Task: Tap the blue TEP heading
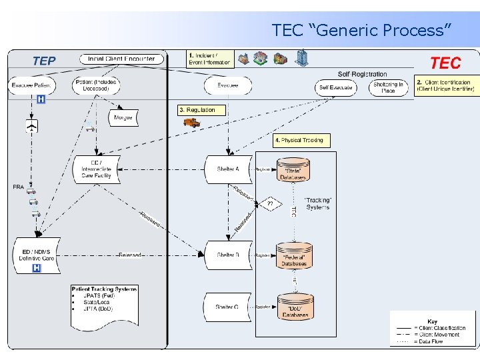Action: pos(44,61)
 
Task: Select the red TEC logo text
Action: pos(445,63)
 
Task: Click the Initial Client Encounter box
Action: pos(121,59)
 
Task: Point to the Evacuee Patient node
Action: pos(31,85)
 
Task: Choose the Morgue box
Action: pos(123,117)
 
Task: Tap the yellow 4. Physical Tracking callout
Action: pos(301,140)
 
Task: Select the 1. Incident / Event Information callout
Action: pos(209,59)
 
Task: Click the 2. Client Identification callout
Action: pos(447,87)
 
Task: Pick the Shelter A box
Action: pos(228,169)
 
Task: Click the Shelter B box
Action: pos(228,255)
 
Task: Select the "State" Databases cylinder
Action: pos(294,171)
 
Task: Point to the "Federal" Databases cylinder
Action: pos(294,256)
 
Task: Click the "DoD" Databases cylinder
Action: pos(295,307)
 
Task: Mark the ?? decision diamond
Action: pos(270,203)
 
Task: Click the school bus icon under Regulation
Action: pos(192,122)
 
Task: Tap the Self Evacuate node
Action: pos(335,87)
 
